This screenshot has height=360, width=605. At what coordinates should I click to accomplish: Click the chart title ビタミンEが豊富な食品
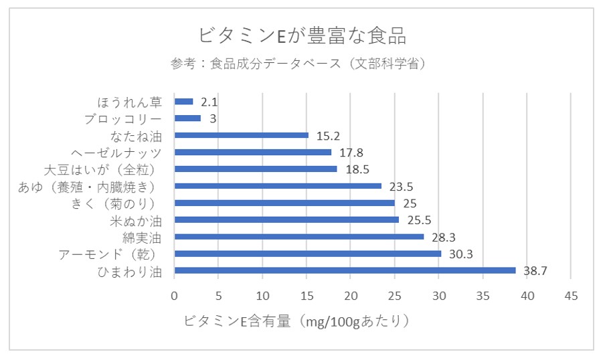302,34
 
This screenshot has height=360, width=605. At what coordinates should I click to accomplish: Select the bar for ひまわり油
345,270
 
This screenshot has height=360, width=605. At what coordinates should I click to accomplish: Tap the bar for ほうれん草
183,102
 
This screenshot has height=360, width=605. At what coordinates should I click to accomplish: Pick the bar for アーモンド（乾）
308,254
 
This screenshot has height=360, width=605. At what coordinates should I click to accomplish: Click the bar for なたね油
241,135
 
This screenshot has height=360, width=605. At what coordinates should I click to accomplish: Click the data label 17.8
351,153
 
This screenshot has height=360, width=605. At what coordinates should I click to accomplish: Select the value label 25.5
419,219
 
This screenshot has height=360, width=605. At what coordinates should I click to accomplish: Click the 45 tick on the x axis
570,296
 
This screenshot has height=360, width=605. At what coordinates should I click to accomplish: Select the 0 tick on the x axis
175,296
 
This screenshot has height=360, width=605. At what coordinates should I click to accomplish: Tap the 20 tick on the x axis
351,296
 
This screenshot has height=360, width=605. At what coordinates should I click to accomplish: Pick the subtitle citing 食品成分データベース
298,64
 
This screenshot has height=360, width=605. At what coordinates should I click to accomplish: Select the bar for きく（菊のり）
284,203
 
